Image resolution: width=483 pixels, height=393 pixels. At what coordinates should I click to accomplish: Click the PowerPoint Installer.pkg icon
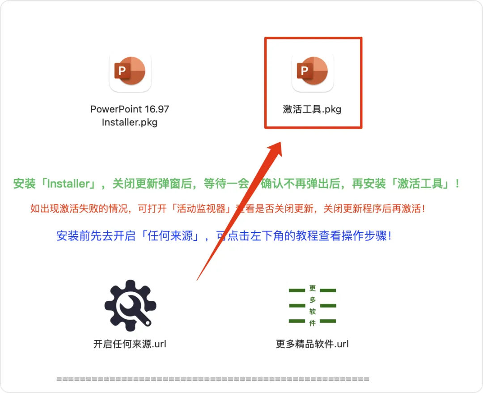coord(130,72)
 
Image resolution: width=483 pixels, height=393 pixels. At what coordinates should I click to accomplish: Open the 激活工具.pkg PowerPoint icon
coord(313,72)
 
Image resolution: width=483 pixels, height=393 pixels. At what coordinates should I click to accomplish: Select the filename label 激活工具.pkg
coord(312,109)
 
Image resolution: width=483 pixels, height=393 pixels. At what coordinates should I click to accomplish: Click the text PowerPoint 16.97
coord(130,109)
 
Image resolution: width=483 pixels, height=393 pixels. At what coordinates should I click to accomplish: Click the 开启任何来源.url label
coord(130,344)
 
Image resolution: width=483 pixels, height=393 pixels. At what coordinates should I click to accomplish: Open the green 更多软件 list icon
coord(312,306)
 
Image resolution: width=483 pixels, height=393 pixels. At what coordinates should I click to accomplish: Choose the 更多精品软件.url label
coord(312,344)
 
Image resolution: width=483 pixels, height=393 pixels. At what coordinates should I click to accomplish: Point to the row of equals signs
coord(213,379)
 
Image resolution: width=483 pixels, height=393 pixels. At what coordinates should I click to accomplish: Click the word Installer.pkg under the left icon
coord(130,122)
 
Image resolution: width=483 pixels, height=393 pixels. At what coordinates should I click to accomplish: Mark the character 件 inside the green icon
coord(312,323)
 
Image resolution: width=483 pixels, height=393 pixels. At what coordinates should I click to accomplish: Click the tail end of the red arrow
coord(198,280)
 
